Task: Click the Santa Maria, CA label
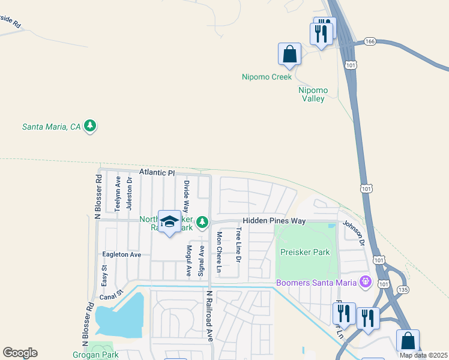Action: click(x=51, y=127)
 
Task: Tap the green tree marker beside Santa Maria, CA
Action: click(x=90, y=126)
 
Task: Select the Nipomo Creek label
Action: click(x=267, y=77)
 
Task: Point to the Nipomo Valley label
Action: click(x=312, y=94)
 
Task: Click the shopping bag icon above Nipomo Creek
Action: click(x=289, y=53)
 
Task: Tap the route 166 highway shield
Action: click(x=369, y=41)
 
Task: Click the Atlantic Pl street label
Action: click(x=157, y=172)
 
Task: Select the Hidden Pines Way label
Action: click(x=274, y=221)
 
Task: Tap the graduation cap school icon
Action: click(x=169, y=222)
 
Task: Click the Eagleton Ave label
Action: click(x=121, y=254)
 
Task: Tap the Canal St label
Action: click(x=111, y=294)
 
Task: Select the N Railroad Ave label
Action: click(x=210, y=316)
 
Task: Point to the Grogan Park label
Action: click(x=101, y=355)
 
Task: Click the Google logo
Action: click(x=20, y=353)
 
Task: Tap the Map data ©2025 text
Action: click(x=424, y=355)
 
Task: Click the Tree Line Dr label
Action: click(x=238, y=245)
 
